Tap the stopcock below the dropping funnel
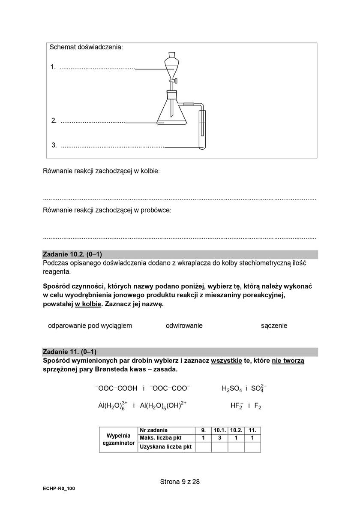tap(173, 80)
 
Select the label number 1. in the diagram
tap(53, 67)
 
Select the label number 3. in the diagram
tap(54, 145)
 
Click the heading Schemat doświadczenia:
tap(86, 47)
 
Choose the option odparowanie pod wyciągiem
tap(90, 325)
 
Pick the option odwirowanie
tap(184, 325)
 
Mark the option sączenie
tap(274, 325)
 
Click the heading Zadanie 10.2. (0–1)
tap(72, 254)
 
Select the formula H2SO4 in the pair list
tap(232, 389)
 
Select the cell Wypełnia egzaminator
tap(118, 440)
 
